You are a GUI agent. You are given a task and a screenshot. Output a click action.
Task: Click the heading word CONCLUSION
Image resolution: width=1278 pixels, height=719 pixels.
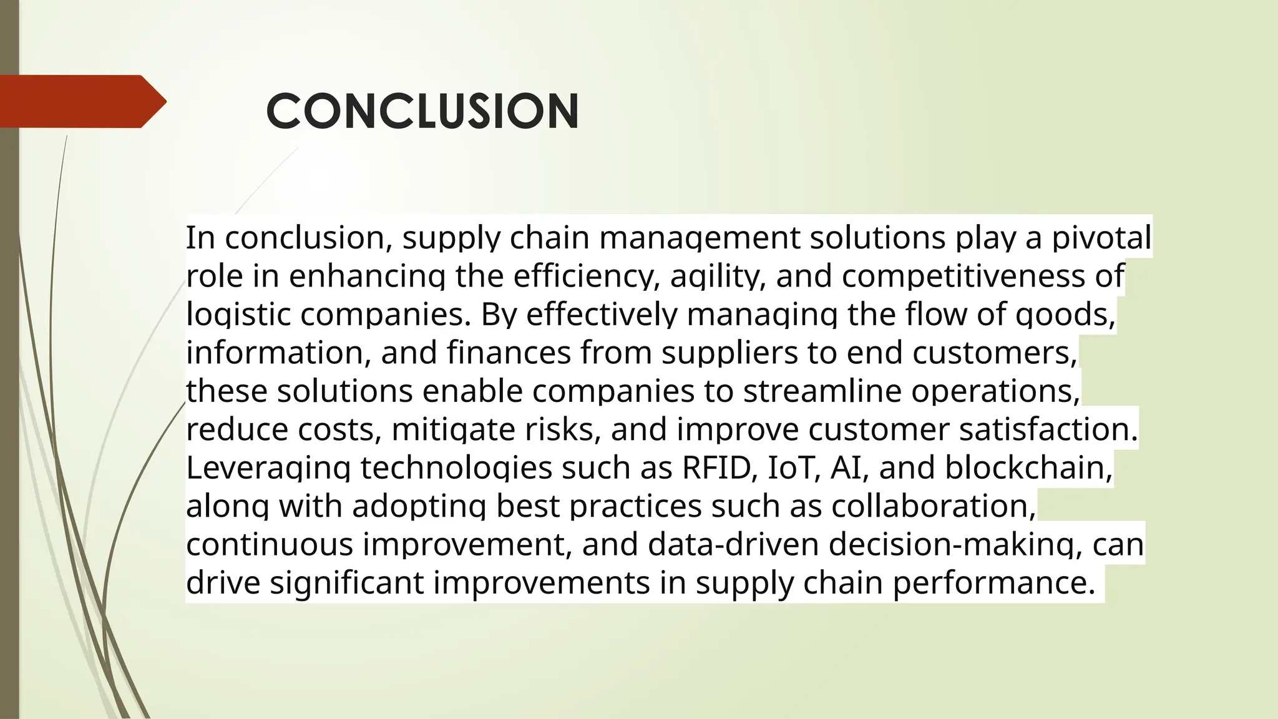point(422,111)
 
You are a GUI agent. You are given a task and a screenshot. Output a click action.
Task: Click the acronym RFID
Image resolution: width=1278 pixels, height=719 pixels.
point(716,467)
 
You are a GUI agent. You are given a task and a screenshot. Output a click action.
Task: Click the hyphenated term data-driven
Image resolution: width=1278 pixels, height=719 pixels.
point(733,544)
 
